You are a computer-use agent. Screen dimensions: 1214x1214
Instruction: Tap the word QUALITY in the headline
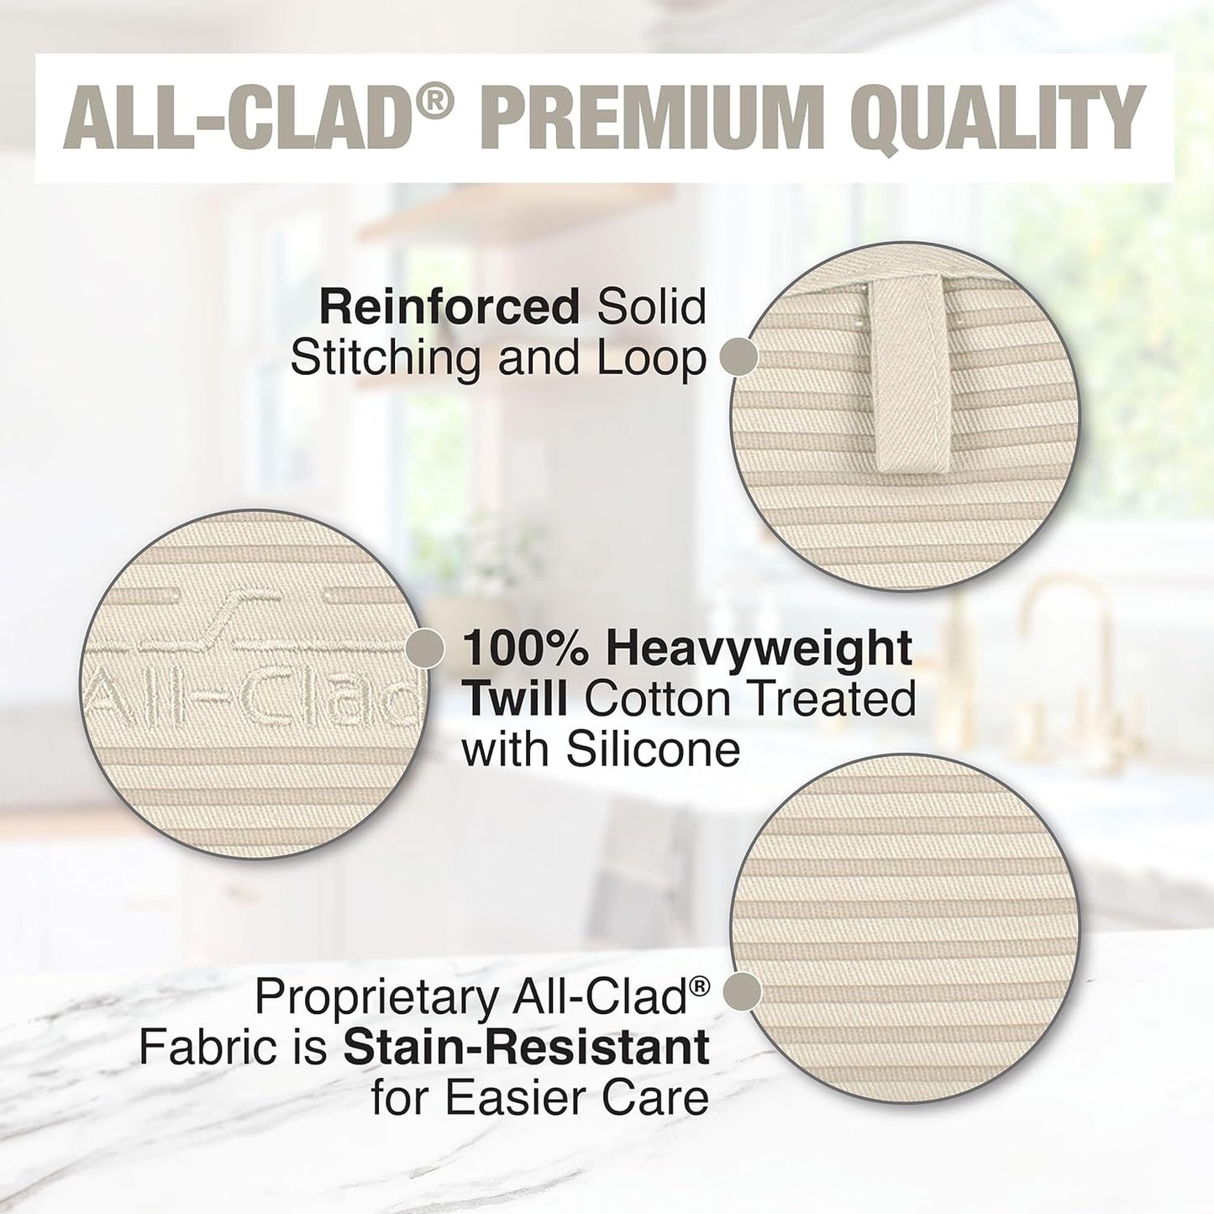(1004, 119)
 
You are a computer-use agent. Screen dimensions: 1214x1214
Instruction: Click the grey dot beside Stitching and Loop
(739, 356)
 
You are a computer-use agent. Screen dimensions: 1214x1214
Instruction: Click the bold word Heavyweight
(759, 649)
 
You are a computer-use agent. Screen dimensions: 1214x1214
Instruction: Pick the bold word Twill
(516, 699)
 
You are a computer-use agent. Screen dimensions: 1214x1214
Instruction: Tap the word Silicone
(652, 749)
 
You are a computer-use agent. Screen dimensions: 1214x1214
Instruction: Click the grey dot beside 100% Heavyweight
(425, 649)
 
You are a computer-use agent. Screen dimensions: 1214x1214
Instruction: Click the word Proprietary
(376, 997)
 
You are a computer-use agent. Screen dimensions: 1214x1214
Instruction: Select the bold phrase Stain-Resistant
(527, 1048)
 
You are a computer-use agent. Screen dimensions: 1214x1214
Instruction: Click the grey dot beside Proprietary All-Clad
(743, 991)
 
